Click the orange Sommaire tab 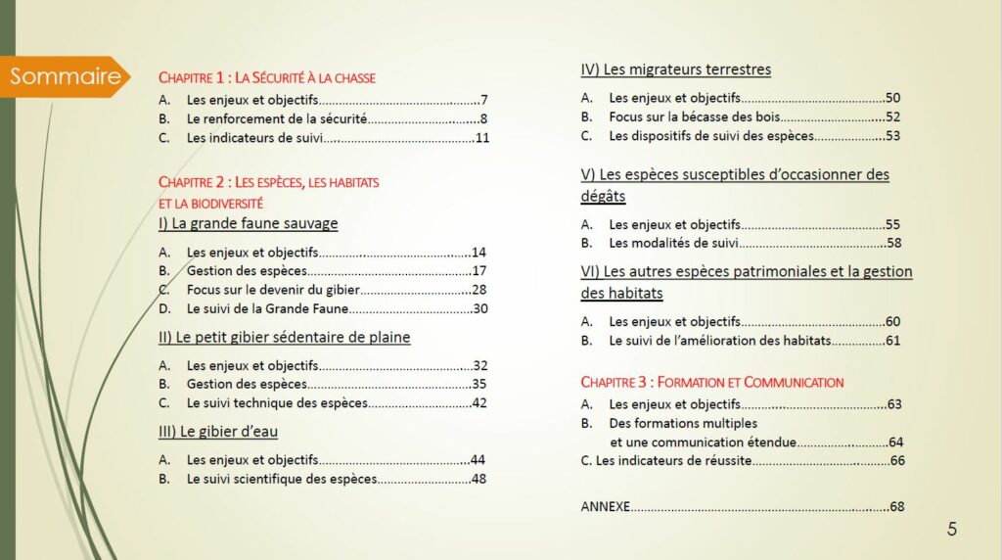click(66, 76)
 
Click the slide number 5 click(952, 530)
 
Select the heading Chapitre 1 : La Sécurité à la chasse click(267, 77)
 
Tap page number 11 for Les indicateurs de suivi click(481, 137)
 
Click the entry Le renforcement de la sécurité click(276, 118)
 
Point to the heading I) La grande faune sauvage click(248, 223)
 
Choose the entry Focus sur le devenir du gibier click(273, 290)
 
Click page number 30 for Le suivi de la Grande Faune click(479, 308)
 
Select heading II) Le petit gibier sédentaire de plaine click(284, 338)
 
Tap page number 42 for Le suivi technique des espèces click(479, 402)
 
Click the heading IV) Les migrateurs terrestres click(675, 70)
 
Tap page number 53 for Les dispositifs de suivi click(891, 135)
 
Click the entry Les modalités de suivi click(673, 243)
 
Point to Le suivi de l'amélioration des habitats click(719, 341)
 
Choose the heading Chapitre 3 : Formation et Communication click(711, 382)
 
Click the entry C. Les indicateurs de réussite click(664, 460)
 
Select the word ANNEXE click(605, 506)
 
